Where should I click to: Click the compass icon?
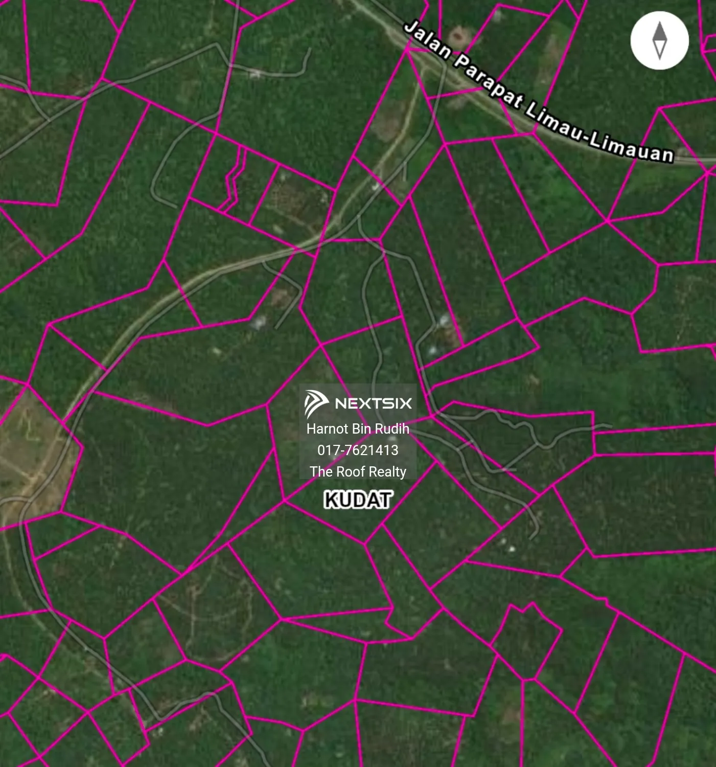click(660, 40)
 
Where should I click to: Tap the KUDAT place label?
click(358, 500)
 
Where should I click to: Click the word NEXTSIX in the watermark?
click(373, 403)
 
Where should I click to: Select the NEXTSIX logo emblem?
click(316, 403)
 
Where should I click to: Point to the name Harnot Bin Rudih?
click(358, 428)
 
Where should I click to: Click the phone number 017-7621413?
click(358, 450)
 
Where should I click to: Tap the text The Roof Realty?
click(358, 471)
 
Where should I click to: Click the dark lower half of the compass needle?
click(660, 50)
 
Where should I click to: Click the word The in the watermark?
click(321, 471)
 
